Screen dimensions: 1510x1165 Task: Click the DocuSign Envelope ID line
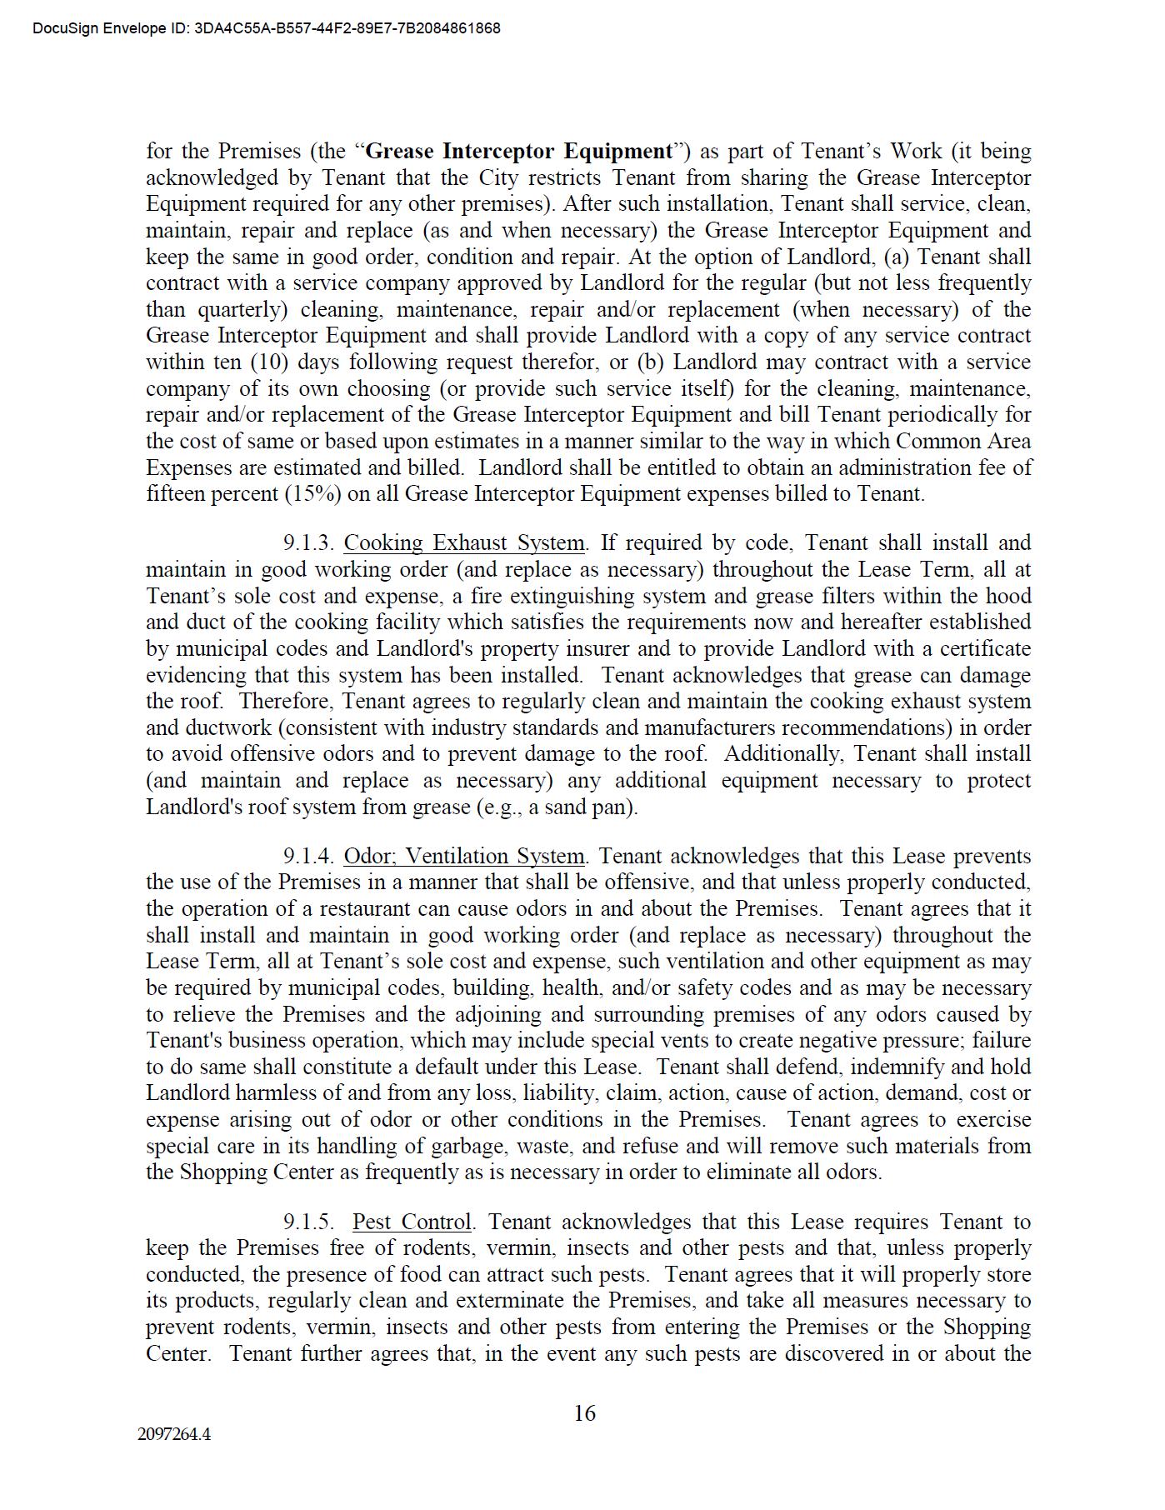(x=267, y=28)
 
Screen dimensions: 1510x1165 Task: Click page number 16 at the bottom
(x=584, y=1412)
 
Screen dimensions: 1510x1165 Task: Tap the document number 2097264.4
(x=174, y=1435)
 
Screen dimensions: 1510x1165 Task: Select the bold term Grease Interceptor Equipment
(x=519, y=152)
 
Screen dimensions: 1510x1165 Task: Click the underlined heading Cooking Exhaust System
(x=464, y=543)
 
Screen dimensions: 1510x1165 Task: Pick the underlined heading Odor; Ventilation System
(x=464, y=857)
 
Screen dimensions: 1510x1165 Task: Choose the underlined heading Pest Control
(x=412, y=1222)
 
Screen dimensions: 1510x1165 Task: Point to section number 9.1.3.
(x=308, y=543)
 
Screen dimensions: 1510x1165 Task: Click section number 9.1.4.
(x=308, y=857)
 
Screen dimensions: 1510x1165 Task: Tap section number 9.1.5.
(x=308, y=1222)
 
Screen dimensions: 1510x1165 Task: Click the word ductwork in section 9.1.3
(x=223, y=728)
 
